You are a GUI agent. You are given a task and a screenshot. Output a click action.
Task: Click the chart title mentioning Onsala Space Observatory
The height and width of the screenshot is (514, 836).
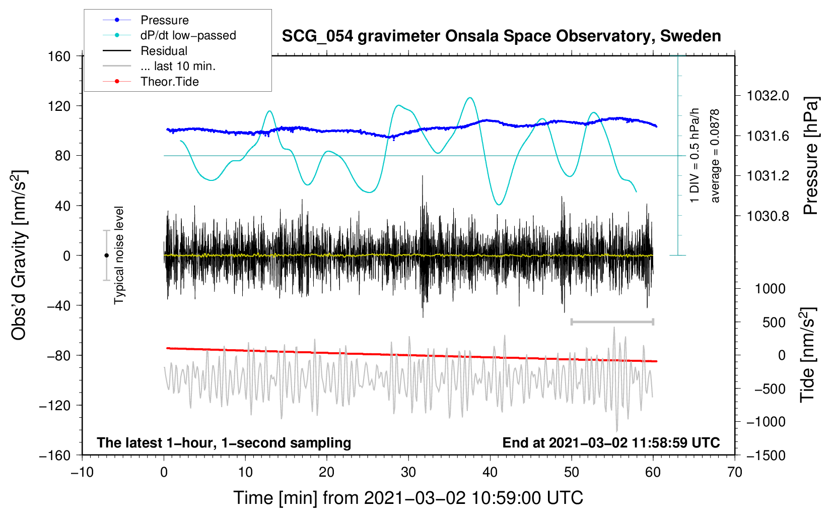[x=501, y=36]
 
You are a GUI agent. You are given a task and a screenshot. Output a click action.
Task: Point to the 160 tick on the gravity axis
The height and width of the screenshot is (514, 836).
[x=59, y=56]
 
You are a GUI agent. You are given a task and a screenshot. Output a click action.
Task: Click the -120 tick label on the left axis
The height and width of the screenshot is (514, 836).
[x=55, y=405]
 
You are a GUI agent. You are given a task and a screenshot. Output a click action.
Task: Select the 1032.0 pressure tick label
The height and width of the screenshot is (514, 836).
[x=768, y=96]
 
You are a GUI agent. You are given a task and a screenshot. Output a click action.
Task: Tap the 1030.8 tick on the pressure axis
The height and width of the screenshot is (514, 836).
[x=768, y=216]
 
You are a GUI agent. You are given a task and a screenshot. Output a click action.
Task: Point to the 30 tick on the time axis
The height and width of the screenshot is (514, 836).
[x=408, y=473]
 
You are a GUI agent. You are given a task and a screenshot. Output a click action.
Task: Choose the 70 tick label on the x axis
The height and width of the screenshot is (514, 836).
[x=734, y=473]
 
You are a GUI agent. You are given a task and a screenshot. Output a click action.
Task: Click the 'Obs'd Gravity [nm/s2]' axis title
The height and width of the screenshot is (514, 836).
[x=19, y=255]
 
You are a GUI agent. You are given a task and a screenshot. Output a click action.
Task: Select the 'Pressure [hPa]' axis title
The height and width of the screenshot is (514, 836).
[x=811, y=156]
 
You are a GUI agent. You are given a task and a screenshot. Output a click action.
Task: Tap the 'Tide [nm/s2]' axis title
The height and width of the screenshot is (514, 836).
[x=808, y=355]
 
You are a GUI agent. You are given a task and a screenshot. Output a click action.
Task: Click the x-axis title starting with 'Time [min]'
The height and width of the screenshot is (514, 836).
[x=408, y=498]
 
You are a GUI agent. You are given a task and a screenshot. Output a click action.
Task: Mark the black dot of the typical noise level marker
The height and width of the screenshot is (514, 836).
[x=106, y=255]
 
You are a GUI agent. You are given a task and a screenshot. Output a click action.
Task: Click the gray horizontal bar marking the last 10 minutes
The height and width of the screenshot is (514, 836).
[x=612, y=322]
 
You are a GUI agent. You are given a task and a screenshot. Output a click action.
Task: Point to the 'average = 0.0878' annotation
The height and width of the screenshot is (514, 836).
[x=714, y=156]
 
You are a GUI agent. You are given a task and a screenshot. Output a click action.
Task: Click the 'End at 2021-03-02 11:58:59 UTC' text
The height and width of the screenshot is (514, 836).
[x=611, y=442]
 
